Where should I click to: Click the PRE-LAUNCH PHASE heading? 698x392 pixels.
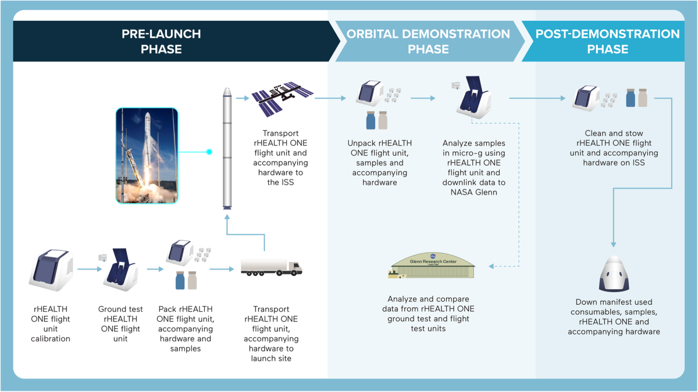(161, 41)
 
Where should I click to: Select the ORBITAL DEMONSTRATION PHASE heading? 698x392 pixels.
(428, 41)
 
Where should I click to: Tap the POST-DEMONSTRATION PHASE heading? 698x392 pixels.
(607, 41)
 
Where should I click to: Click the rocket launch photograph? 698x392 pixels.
(146, 155)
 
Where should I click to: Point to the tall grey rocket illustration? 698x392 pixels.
(227, 148)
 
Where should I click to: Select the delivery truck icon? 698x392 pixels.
(272, 268)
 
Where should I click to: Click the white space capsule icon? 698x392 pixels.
(614, 273)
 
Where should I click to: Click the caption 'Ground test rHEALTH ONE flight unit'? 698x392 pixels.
(120, 324)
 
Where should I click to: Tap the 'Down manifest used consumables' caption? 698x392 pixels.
(614, 317)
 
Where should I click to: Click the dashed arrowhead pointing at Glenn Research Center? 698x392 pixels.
(491, 267)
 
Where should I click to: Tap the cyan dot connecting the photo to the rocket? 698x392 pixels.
(209, 152)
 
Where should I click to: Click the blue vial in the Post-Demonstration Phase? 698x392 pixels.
(631, 97)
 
